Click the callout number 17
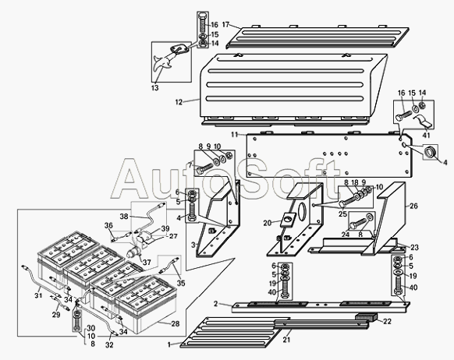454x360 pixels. tap(225, 24)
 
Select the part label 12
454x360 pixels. tap(179, 102)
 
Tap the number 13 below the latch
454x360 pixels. tap(155, 87)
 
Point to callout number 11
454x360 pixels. tap(235, 135)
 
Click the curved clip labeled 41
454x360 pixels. tap(424, 122)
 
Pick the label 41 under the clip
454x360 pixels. tap(426, 135)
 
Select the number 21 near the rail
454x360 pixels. tap(286, 340)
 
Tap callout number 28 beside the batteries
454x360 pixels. tap(176, 323)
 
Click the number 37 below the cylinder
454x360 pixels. tap(147, 263)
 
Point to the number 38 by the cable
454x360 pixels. tap(124, 217)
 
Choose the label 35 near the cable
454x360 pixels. tap(181, 283)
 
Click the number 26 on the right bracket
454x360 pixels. tap(414, 206)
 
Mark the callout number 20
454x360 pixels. tap(268, 223)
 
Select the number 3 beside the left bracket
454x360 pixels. tap(193, 245)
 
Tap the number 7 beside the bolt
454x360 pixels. tap(190, 165)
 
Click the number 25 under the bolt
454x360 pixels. tap(342, 214)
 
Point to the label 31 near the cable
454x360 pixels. tap(38, 295)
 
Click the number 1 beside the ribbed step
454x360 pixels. tap(169, 344)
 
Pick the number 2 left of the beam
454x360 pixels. tap(215, 304)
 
